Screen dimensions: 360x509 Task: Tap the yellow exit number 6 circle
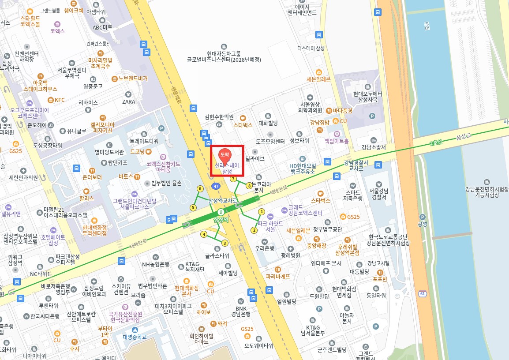click(200, 189)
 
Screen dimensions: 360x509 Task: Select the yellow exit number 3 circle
click(225, 243)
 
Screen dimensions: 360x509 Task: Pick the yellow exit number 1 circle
click(261, 212)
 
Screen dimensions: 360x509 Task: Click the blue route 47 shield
click(216, 186)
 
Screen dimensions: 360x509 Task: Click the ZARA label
click(129, 101)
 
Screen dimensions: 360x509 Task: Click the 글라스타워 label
click(217, 255)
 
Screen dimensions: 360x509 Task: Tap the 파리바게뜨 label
click(278, 277)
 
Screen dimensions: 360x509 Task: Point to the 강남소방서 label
click(374, 147)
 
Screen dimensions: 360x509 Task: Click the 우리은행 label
click(265, 248)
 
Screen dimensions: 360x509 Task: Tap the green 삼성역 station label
click(221, 219)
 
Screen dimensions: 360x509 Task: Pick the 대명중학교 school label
click(135, 337)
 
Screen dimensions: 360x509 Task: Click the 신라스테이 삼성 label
click(227, 168)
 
